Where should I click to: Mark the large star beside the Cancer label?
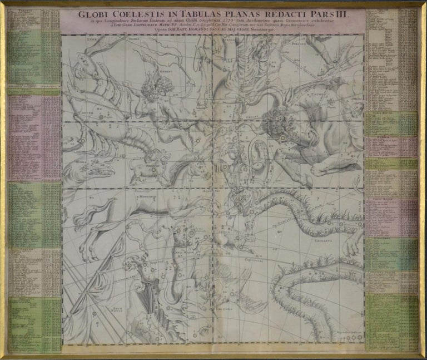[x=101, y=117]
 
